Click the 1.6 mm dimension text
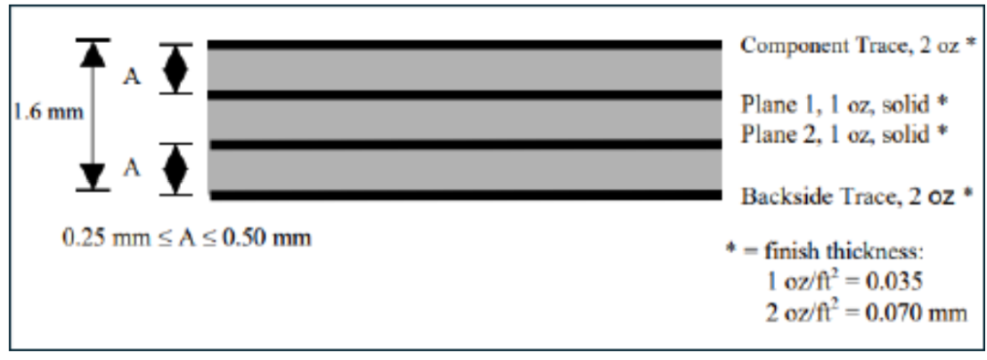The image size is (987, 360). [40, 114]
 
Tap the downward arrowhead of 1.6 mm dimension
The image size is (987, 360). [91, 174]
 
